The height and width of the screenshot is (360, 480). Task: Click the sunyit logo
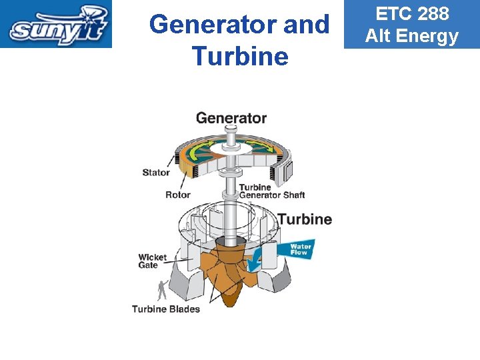point(56,24)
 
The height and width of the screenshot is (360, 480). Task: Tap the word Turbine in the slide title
point(239,56)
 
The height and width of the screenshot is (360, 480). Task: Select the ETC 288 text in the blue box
point(411,13)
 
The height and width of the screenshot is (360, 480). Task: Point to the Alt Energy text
point(411,36)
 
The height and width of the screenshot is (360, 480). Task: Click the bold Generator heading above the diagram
point(231,118)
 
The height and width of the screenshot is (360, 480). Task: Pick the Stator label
point(156,173)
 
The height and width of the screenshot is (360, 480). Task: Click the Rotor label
point(177,195)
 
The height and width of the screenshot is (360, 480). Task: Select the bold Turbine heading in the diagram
point(305,219)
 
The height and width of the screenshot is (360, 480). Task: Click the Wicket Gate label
point(153,261)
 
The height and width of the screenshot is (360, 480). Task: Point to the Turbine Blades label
point(165,309)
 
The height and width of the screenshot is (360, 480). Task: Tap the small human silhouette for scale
point(161,290)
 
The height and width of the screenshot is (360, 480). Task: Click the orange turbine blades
point(227,273)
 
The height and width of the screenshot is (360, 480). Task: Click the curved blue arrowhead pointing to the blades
point(253,265)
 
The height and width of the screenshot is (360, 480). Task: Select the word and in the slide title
point(307,25)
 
